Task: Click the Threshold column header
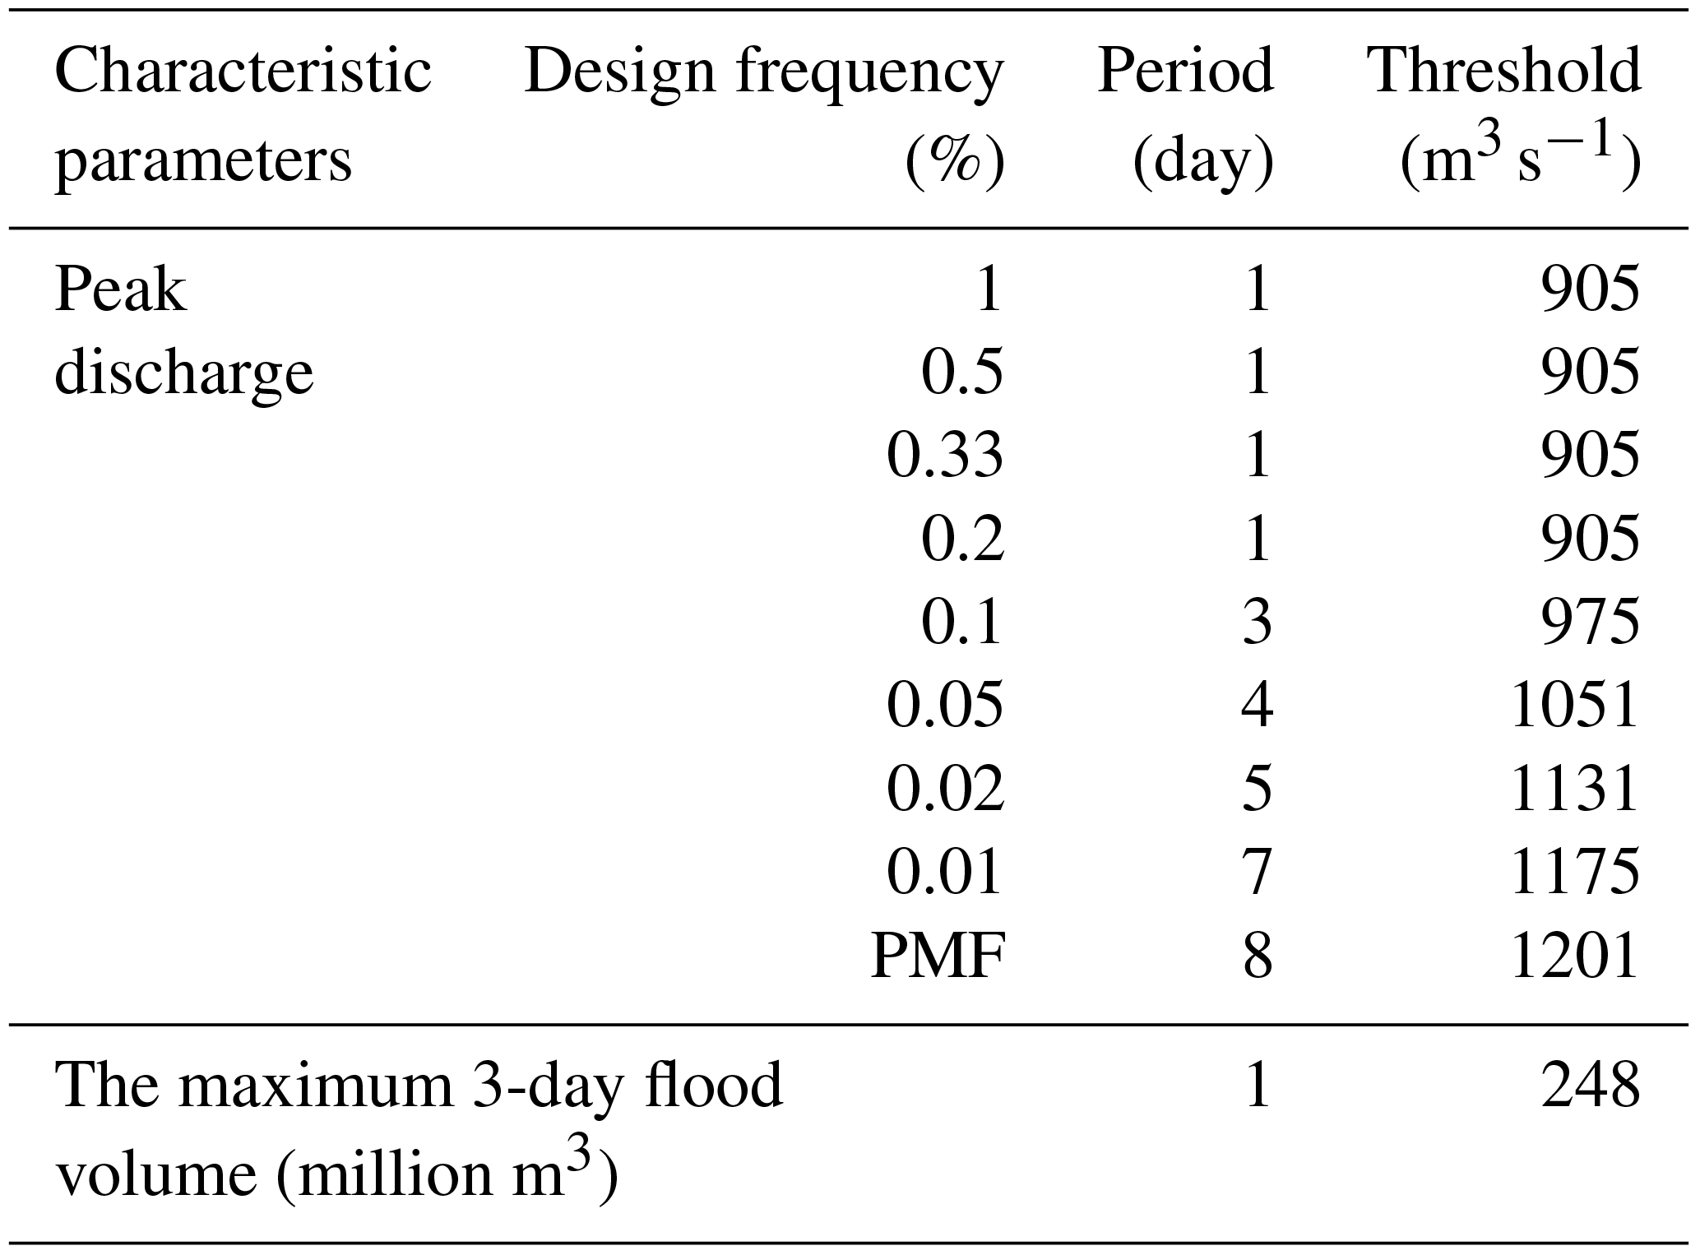tap(1503, 71)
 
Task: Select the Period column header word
tap(1185, 71)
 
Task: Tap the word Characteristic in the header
tap(243, 71)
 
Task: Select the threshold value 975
tap(1590, 623)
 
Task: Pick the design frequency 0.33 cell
tap(945, 456)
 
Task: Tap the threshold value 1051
tap(1575, 706)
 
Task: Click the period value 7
tap(1257, 873)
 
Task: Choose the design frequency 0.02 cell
tap(945, 790)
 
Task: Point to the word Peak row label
tap(120, 290)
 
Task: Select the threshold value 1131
tap(1575, 790)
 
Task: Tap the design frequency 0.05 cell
tap(945, 706)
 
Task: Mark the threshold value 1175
tap(1575, 873)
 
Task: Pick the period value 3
tap(1257, 623)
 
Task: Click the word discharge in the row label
tap(183, 373)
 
